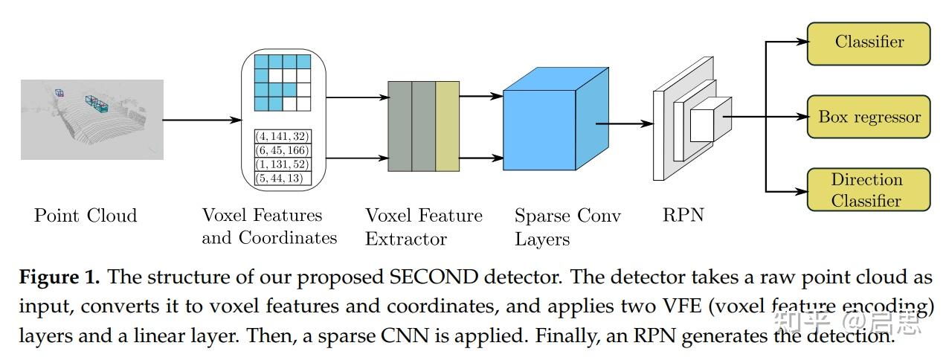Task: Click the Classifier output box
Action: (x=869, y=43)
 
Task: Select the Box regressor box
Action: (x=869, y=117)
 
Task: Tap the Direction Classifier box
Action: (x=869, y=190)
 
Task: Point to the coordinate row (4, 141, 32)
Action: (x=283, y=136)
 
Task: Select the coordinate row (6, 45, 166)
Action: (x=283, y=150)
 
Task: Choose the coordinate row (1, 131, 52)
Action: (x=283, y=164)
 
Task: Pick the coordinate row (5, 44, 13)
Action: (x=283, y=178)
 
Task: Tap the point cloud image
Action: (x=91, y=119)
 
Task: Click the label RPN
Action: (x=683, y=216)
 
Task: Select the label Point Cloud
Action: (x=86, y=216)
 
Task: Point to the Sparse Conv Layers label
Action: (x=567, y=227)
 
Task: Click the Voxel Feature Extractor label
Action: (x=423, y=227)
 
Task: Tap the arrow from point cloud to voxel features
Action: (x=201, y=119)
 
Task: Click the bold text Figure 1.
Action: (x=59, y=278)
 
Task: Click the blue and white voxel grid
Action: (x=282, y=84)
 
